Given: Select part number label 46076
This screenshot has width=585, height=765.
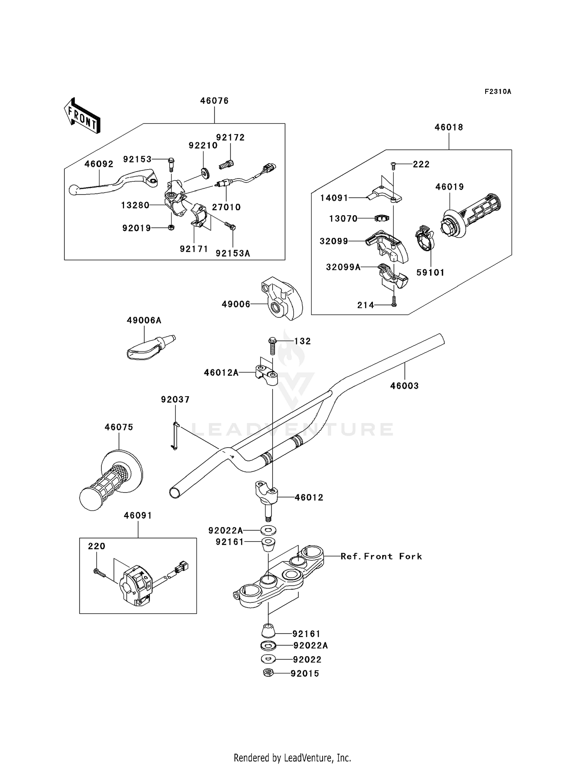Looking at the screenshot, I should (214, 101).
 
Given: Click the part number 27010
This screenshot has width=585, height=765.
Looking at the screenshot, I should (226, 207).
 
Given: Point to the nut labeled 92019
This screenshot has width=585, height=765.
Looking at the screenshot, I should (171, 227).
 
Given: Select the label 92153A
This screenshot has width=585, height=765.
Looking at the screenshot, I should (233, 253).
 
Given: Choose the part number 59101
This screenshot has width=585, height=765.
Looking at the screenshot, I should (431, 273).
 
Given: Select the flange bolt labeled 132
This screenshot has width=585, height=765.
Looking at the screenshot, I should (272, 345).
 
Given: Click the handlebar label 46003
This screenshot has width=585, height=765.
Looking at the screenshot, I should (404, 386).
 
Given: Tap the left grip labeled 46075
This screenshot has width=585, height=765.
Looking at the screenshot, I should (111, 483).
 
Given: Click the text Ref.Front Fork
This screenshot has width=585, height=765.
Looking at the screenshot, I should (381, 556).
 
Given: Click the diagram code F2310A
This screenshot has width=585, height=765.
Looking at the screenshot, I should (498, 92).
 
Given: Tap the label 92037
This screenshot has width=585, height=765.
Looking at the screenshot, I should (175, 399).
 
